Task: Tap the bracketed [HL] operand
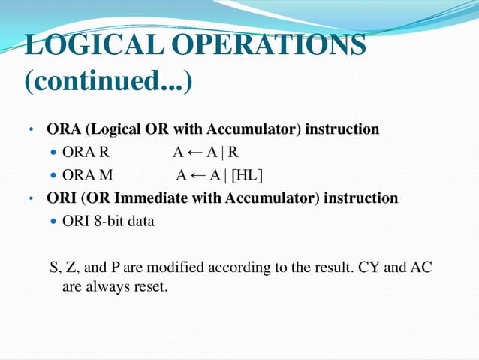point(246,176)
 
